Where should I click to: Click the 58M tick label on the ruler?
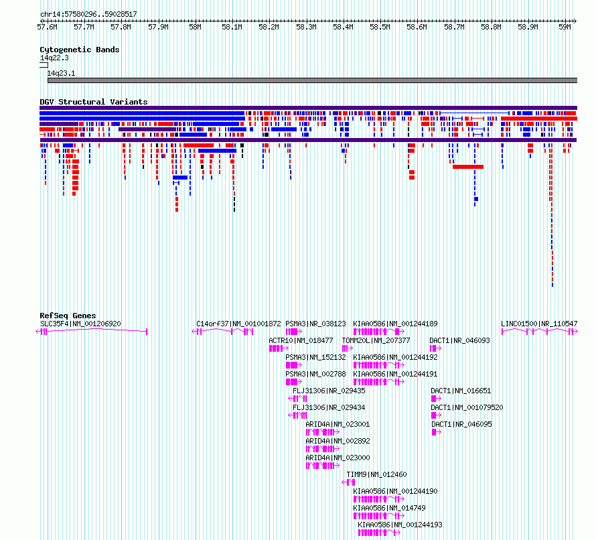[x=195, y=27]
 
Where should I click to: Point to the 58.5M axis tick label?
[x=380, y=27]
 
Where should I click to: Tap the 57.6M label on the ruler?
[x=47, y=27]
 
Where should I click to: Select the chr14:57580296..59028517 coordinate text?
[x=88, y=15]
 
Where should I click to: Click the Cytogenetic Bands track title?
[x=80, y=50]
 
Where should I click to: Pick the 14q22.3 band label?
[x=54, y=58]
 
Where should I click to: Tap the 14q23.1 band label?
[x=61, y=73]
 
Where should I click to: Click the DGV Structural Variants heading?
[x=94, y=102]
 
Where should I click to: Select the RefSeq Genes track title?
[x=68, y=316]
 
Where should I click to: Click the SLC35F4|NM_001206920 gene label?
[x=80, y=324]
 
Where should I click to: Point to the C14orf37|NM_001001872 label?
[x=238, y=324]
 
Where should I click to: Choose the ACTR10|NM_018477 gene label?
[x=301, y=340]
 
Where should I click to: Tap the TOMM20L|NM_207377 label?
[x=376, y=340]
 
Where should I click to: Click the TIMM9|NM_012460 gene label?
[x=376, y=474]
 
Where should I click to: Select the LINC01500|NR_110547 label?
[x=539, y=324]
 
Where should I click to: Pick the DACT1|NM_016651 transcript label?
[x=461, y=391]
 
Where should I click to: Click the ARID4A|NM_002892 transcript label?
[x=338, y=441]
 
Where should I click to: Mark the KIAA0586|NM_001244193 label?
[x=400, y=525]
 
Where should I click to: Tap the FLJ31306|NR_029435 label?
[x=329, y=391]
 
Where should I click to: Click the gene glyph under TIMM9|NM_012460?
[x=348, y=482]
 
